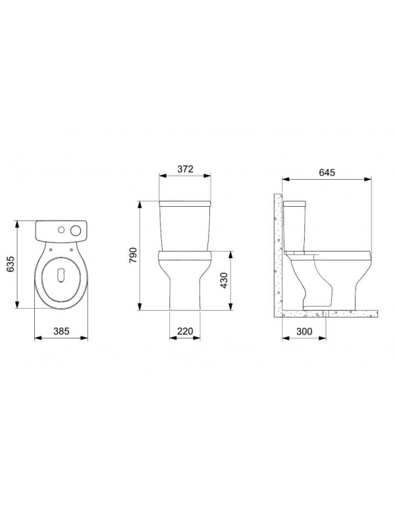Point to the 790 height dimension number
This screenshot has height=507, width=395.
132,255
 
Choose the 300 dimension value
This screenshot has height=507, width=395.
303,333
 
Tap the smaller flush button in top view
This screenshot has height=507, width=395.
62,231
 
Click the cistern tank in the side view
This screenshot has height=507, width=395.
295,224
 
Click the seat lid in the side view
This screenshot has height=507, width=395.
329,251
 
